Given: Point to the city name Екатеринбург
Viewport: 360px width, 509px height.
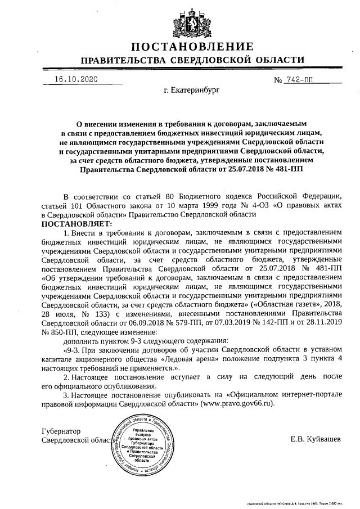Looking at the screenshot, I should [x=192, y=89].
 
